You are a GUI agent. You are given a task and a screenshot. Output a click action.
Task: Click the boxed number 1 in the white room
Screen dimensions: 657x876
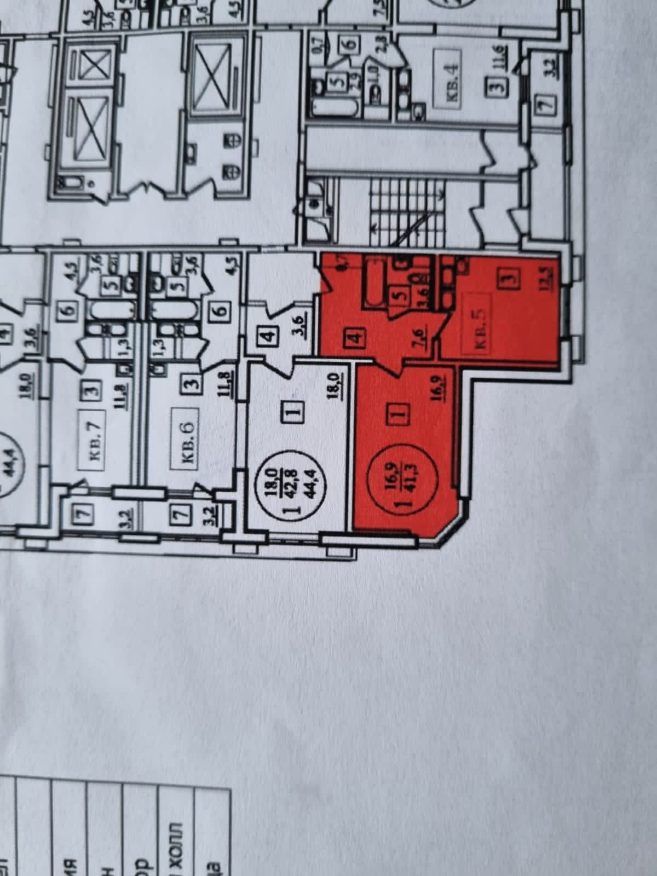click(x=294, y=410)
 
